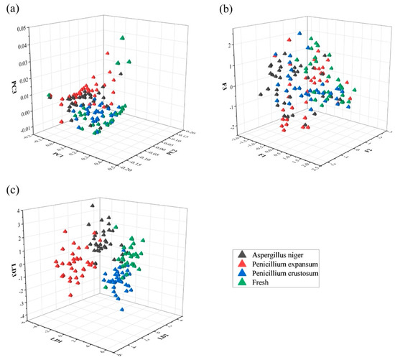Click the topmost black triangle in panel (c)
92,207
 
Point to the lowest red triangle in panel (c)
70,294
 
